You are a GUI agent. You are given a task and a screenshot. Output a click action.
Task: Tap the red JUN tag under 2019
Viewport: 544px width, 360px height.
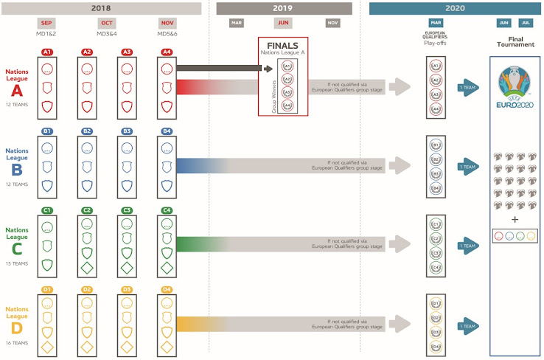click(x=282, y=23)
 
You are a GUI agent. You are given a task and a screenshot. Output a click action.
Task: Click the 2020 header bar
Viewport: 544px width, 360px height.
click(x=454, y=8)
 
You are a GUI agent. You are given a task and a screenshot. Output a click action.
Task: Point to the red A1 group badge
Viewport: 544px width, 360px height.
click(x=47, y=52)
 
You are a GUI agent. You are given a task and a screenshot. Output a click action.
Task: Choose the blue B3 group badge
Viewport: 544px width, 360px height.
click(x=128, y=131)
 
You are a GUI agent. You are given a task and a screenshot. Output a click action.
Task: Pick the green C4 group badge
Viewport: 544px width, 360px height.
click(x=168, y=210)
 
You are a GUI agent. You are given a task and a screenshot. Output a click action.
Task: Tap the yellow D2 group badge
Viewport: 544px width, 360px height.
click(x=88, y=289)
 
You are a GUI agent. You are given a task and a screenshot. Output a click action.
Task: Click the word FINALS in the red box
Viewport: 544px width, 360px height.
click(x=282, y=45)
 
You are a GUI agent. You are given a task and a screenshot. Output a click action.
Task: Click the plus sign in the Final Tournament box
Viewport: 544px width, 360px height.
click(x=515, y=219)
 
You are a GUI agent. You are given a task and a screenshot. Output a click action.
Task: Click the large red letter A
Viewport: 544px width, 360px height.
click(x=16, y=91)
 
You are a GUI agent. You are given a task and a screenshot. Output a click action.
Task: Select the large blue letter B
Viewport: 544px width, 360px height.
click(x=16, y=170)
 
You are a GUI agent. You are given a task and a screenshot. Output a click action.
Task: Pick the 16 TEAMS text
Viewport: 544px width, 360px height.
click(x=16, y=343)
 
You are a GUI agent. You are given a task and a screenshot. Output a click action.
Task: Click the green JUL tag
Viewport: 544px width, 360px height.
click(x=525, y=23)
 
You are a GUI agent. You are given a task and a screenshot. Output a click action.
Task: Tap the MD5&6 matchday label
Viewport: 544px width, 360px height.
click(x=168, y=34)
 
